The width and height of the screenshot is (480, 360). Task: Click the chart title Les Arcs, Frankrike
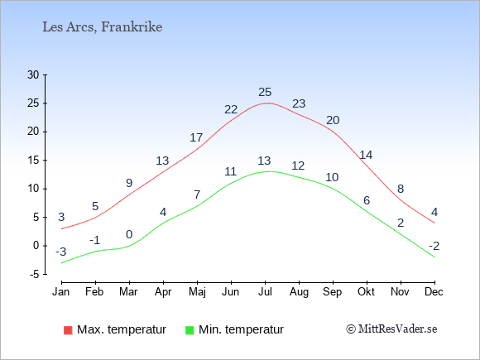(103, 27)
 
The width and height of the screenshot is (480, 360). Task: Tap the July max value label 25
(265, 92)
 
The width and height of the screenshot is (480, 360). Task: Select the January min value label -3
(61, 252)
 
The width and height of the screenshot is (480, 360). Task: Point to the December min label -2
(434, 246)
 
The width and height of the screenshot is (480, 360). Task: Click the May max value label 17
(196, 137)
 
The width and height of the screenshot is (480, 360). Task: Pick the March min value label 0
(129, 234)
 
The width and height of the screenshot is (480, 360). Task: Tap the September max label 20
(333, 120)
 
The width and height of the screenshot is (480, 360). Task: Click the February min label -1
(95, 240)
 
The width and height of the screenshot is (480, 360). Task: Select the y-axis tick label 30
(33, 74)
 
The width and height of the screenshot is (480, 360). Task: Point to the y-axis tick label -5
(35, 274)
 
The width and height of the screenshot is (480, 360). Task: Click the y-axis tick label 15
(33, 160)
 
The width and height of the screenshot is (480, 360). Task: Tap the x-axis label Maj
(197, 292)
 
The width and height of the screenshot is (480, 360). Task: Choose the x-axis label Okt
(366, 292)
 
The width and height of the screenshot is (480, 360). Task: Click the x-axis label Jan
(61, 292)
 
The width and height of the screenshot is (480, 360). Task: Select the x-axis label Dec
(434, 292)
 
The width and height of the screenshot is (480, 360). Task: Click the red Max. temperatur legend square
(68, 330)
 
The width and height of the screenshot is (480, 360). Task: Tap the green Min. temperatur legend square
(190, 330)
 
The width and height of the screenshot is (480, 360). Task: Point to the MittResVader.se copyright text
(391, 329)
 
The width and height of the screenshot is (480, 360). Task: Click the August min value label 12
(298, 166)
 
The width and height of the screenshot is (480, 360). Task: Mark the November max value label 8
(401, 189)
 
